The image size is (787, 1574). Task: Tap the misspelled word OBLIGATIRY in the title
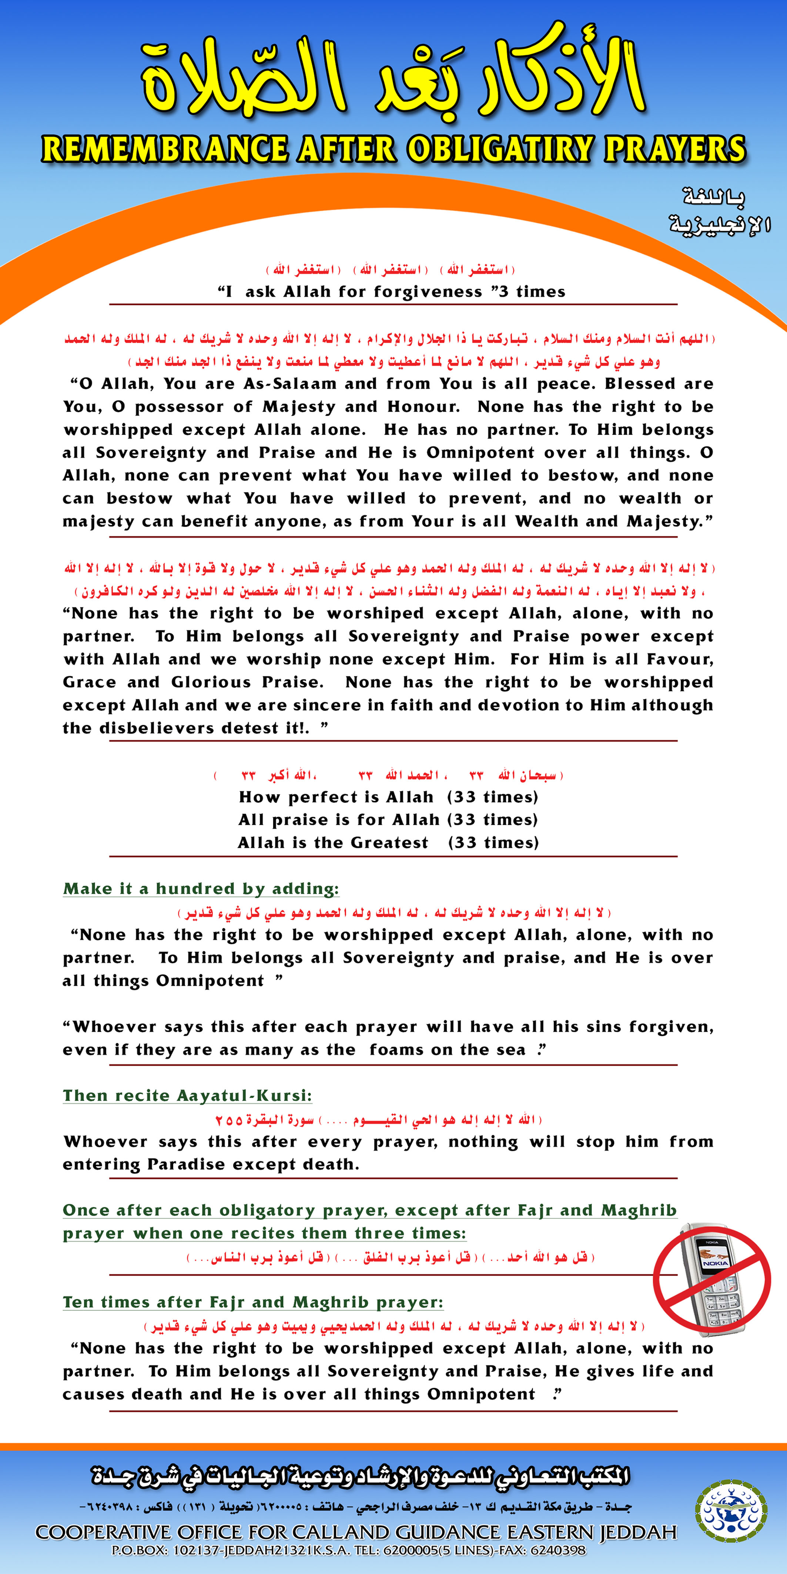pyautogui.click(x=500, y=150)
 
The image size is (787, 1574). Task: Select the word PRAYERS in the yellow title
pyautogui.click(x=675, y=150)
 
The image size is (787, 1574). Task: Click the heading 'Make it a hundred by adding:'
pyautogui.click(x=200, y=889)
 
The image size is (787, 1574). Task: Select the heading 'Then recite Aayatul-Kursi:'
pyautogui.click(x=187, y=1096)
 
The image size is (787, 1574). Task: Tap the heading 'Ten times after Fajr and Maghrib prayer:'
pyautogui.click(x=253, y=1302)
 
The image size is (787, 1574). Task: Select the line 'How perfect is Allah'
pyautogui.click(x=336, y=797)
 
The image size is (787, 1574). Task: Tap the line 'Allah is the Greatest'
pyautogui.click(x=333, y=843)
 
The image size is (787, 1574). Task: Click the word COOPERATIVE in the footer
pyautogui.click(x=103, y=1533)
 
